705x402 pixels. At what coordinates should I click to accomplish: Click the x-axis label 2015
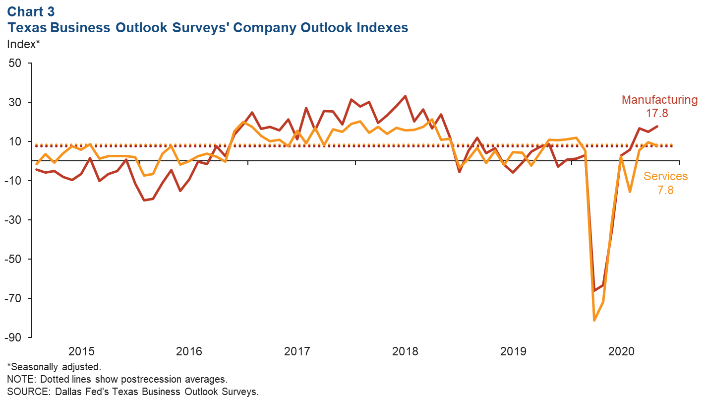pyautogui.click(x=81, y=352)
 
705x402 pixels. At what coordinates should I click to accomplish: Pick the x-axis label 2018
pyautogui.click(x=405, y=352)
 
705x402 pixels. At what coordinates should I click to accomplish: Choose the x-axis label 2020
pyautogui.click(x=621, y=352)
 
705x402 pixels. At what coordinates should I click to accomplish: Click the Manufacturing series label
pyautogui.click(x=659, y=100)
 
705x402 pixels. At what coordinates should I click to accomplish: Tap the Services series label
pyautogui.click(x=665, y=176)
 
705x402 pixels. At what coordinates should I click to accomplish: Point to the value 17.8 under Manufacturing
pyautogui.click(x=657, y=113)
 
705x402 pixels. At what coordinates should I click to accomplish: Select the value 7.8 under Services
pyautogui.click(x=665, y=190)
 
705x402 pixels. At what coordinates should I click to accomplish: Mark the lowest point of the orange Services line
pyautogui.click(x=594, y=320)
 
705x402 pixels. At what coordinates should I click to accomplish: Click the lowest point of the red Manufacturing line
pyautogui.click(x=594, y=291)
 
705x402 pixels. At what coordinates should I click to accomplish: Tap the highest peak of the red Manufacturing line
pyautogui.click(x=406, y=96)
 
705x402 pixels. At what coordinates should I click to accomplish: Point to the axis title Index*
pyautogui.click(x=23, y=44)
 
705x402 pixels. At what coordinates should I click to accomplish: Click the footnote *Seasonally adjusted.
pyautogui.click(x=54, y=367)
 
